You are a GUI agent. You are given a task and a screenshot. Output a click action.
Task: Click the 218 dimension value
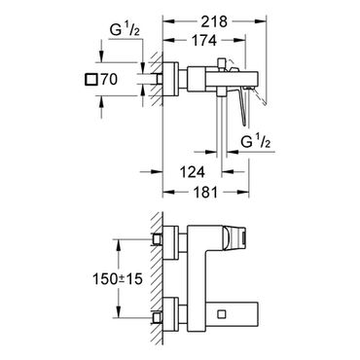(214, 21)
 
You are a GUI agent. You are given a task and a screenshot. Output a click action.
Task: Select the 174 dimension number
(204, 40)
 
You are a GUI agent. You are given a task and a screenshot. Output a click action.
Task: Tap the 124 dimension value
(193, 172)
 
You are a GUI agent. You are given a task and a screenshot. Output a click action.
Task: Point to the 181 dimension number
(204, 193)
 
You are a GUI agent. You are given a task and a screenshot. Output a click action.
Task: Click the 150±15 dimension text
(118, 278)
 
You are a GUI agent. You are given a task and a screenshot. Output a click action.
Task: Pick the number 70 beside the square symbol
(109, 80)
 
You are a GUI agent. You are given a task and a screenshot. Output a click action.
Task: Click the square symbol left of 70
(90, 80)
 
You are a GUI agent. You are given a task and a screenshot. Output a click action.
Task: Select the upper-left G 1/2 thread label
(125, 31)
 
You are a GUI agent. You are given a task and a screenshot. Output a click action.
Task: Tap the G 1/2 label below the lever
(256, 142)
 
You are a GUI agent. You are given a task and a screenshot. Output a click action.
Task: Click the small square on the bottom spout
(222, 314)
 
